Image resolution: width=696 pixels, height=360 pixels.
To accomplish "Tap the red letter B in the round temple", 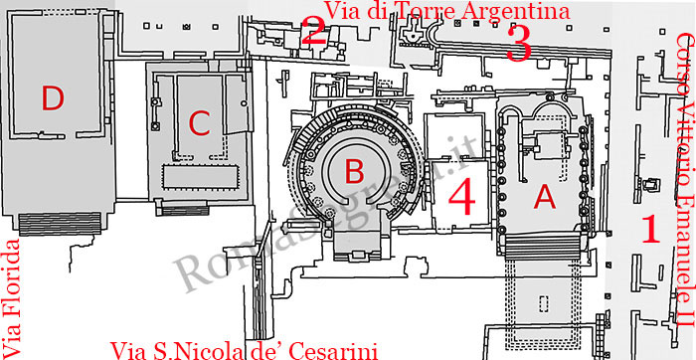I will click(x=326, y=172).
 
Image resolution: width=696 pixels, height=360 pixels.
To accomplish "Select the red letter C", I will click(x=199, y=123).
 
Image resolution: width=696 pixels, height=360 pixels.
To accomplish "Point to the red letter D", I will click(x=53, y=97).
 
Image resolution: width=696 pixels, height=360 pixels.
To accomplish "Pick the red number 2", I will click(x=314, y=32).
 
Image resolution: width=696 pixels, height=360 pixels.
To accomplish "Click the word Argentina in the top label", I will click(x=503, y=12).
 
